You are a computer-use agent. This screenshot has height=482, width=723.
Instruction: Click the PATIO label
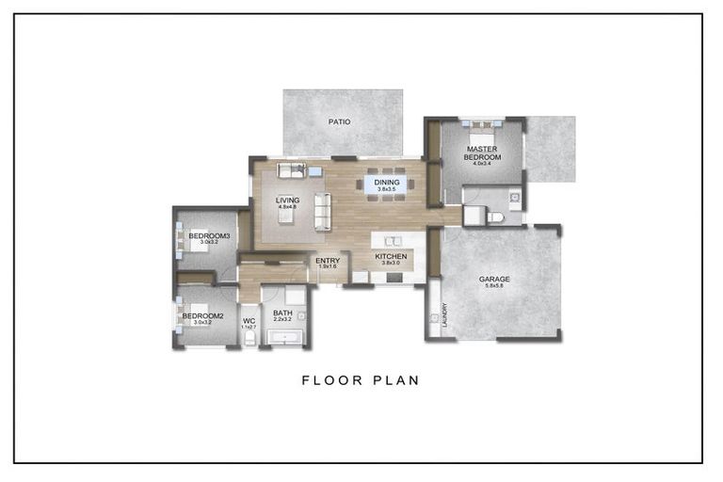340,122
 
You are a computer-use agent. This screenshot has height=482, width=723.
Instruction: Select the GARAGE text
494,279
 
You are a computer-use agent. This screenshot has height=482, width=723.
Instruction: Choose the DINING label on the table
387,183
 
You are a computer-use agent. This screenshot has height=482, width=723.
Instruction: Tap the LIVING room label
286,200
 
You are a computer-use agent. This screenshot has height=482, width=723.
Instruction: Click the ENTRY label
327,261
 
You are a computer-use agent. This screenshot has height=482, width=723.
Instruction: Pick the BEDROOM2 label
202,315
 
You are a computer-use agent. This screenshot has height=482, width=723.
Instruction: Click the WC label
249,320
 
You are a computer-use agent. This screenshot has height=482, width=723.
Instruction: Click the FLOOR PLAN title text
361,380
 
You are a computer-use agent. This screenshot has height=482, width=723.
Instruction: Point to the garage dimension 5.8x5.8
494,287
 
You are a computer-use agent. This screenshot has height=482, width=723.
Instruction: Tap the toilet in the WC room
249,338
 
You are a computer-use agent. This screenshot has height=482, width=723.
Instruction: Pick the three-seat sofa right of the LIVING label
322,211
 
